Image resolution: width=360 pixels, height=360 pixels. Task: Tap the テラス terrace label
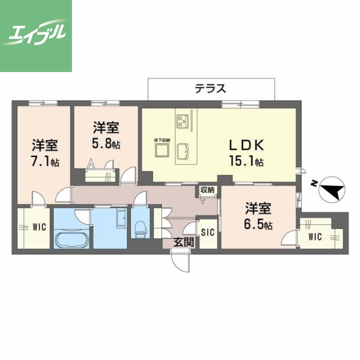210,88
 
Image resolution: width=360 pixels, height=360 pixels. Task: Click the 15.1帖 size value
247,161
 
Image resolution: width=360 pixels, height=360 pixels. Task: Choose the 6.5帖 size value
258,225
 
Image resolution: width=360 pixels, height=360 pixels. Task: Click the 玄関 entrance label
184,242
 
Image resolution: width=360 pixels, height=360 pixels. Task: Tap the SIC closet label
207,232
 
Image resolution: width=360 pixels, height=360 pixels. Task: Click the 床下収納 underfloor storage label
162,140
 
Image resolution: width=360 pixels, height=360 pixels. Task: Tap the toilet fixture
140,226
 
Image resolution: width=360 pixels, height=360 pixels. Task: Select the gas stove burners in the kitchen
182,120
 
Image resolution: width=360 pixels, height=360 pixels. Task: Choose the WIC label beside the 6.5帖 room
315,237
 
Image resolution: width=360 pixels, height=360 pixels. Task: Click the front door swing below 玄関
180,260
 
